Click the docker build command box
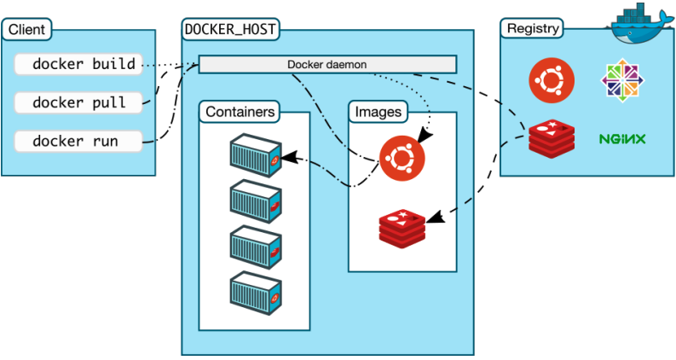(78, 64)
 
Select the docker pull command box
(78, 102)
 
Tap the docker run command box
(78, 141)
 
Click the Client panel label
(26, 30)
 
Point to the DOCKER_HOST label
(231, 29)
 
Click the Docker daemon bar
(327, 65)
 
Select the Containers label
(240, 112)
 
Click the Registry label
(533, 28)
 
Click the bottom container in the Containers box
(255, 290)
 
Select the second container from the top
(255, 200)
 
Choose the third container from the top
(255, 245)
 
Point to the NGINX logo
(621, 138)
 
